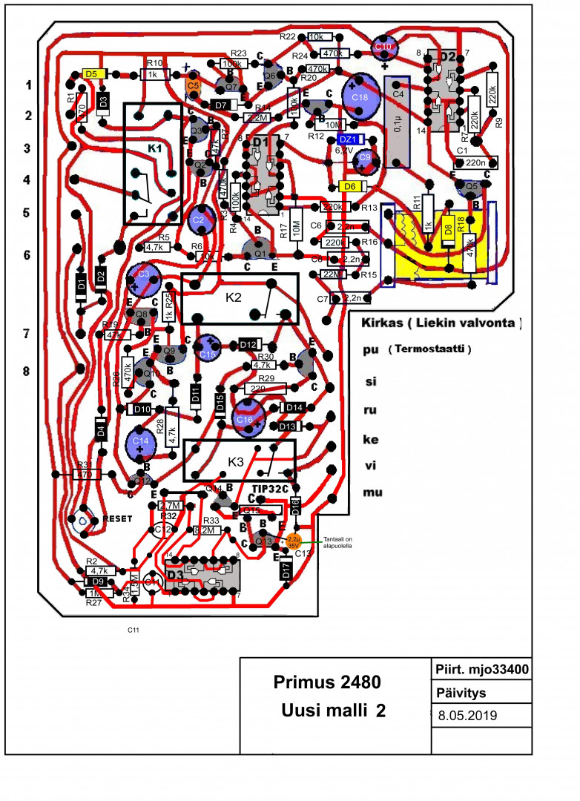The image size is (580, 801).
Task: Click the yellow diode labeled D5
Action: [x=92, y=74]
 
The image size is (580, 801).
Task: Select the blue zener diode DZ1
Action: [x=349, y=139]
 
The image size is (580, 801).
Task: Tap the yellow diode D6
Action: [x=349, y=185]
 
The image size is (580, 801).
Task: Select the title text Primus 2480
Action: [x=327, y=682]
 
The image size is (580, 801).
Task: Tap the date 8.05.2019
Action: [x=467, y=716]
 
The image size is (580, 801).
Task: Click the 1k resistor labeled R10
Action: [x=153, y=74]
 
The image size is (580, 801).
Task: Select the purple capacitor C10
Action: [x=384, y=47]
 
